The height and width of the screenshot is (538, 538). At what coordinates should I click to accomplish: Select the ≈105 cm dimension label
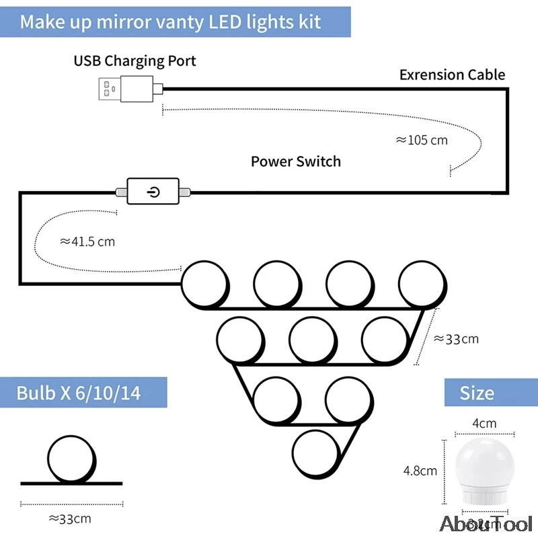(x=422, y=141)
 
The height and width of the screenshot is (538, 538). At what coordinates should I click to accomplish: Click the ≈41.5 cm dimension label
(x=87, y=241)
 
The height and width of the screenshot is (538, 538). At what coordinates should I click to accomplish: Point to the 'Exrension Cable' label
(x=452, y=75)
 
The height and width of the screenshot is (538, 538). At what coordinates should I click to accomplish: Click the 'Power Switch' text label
(x=296, y=161)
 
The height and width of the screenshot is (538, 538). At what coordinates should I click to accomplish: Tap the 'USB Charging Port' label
(x=134, y=61)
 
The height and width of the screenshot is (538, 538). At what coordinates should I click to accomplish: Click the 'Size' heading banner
(x=477, y=393)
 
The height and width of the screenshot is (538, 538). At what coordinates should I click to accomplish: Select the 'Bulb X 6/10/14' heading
(x=79, y=393)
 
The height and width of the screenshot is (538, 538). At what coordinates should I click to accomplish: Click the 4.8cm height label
(x=420, y=471)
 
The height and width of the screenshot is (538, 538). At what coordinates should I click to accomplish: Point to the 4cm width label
(x=484, y=424)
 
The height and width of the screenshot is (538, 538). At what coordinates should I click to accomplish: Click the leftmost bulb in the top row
(x=205, y=283)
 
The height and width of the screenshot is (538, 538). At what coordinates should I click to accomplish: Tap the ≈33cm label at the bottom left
(x=70, y=518)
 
